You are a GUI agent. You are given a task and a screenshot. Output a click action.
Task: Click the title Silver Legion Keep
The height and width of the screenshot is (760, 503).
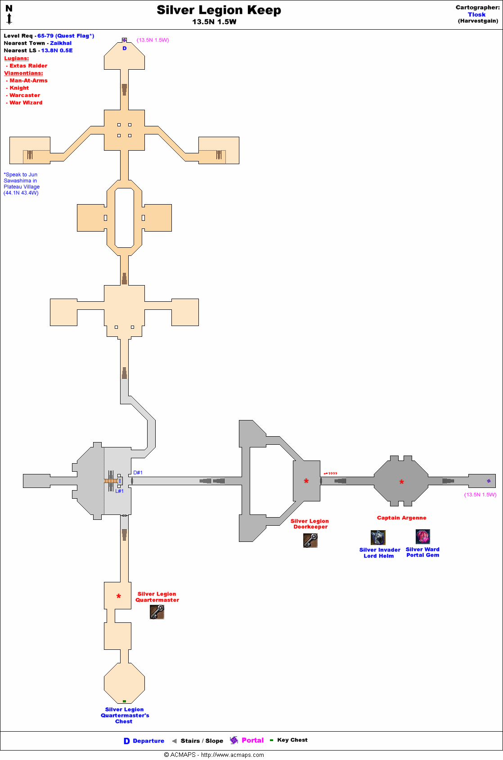coord(219,10)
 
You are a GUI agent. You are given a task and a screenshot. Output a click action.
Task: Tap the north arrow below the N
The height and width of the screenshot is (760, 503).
coord(9,18)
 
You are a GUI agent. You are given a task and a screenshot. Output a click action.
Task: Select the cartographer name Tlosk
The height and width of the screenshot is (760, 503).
coord(476,14)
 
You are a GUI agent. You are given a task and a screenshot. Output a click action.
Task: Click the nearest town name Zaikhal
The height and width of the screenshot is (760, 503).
coord(61,43)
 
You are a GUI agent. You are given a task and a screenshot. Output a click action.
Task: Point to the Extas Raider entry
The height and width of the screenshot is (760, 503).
coord(28,66)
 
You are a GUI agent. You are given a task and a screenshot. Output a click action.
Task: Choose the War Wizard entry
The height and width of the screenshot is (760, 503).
coord(26,103)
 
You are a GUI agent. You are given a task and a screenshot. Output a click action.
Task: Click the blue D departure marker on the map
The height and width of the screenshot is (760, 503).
coord(125,48)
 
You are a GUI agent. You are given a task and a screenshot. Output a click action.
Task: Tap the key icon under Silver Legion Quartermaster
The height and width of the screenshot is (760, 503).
coord(157,612)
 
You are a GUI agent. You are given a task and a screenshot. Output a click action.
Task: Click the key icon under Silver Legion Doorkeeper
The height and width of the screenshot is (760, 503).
coord(310,540)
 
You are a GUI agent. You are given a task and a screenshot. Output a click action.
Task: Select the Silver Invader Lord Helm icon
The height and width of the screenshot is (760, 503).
coord(378,537)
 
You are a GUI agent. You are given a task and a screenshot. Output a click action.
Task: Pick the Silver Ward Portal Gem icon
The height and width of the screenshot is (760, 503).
coord(423,536)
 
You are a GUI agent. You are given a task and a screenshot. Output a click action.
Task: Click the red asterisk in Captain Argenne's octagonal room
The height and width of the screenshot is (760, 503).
coord(402,483)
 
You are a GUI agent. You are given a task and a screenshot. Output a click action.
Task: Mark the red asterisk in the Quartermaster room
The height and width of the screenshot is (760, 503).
coord(119,597)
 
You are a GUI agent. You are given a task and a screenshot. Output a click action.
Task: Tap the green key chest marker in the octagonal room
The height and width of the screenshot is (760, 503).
coord(124,701)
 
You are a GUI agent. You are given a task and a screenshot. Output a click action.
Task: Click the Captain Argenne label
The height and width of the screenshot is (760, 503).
coord(401,518)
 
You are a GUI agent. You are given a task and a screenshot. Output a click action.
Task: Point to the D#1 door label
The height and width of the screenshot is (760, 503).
coord(138,473)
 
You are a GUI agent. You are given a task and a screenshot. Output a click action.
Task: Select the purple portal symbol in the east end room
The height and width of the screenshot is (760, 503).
coord(489,481)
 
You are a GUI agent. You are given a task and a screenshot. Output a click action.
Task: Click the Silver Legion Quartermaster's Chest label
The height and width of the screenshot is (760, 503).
coord(125,715)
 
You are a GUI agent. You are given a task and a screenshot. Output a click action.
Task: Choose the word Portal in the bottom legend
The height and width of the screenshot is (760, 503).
coord(252,740)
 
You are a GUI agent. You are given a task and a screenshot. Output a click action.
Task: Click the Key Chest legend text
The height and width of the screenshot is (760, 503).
coord(292,740)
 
